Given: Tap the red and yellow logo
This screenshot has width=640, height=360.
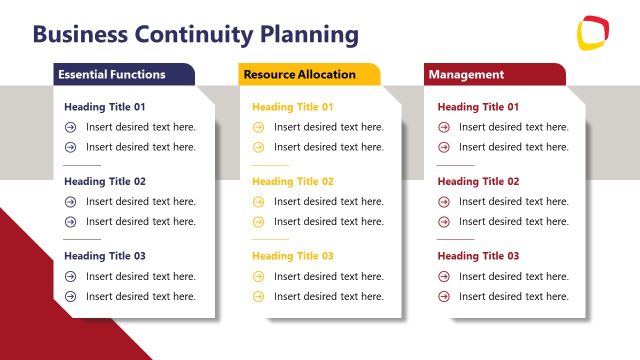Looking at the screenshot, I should click(593, 32).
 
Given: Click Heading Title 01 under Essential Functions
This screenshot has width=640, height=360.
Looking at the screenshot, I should click(105, 107).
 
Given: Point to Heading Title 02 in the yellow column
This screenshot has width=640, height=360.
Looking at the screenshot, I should click(293, 182).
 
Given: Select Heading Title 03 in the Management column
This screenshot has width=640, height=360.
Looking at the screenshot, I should click(478, 256).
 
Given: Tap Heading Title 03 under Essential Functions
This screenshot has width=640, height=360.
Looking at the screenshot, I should click(105, 256).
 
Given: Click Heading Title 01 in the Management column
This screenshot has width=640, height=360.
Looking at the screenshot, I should click(478, 107).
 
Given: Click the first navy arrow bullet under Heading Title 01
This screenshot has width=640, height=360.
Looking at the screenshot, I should click(70, 127).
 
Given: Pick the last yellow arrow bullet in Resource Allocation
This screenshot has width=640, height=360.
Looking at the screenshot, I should click(258, 296).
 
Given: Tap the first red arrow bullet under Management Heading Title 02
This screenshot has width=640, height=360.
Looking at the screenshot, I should click(443, 202).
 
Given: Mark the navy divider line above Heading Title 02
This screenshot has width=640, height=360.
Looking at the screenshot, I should click(82, 165).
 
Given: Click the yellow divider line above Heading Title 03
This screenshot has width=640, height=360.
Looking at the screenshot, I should click(270, 239).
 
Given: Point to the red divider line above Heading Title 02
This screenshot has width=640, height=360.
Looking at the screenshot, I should click(455, 165).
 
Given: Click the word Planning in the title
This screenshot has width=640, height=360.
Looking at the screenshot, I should click(309, 35).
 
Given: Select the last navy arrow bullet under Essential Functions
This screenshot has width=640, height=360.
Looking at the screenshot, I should click(70, 296).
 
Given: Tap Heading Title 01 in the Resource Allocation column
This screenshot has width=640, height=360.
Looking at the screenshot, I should click(293, 107).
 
